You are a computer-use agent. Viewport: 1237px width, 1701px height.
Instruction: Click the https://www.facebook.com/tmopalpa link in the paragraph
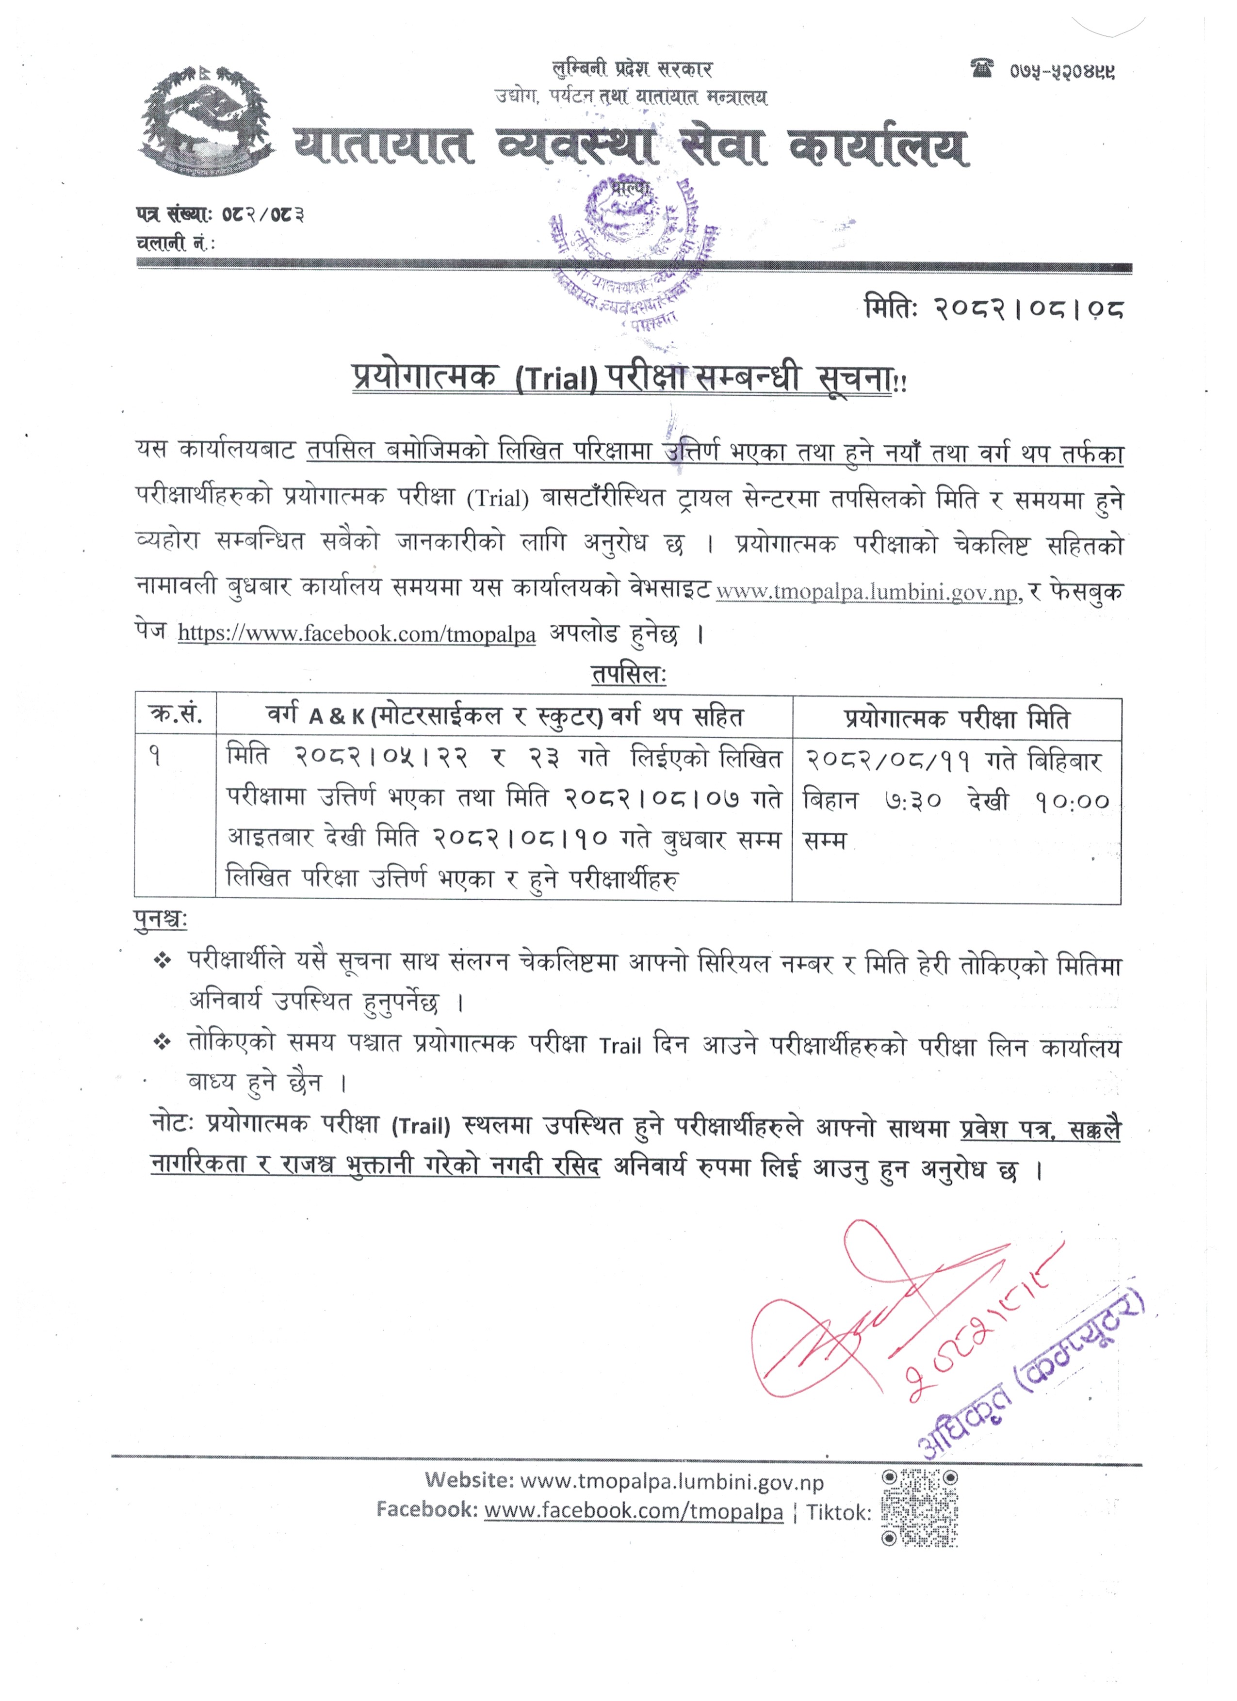pyautogui.click(x=357, y=634)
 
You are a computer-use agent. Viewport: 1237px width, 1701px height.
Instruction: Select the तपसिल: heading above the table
pyautogui.click(x=629, y=674)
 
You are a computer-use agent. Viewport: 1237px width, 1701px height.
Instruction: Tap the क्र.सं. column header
pyautogui.click(x=176, y=715)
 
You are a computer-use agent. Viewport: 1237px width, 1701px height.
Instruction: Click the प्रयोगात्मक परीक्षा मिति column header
pyautogui.click(x=957, y=718)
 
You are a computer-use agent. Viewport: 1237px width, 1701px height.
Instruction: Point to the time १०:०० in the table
pyautogui.click(x=1072, y=801)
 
